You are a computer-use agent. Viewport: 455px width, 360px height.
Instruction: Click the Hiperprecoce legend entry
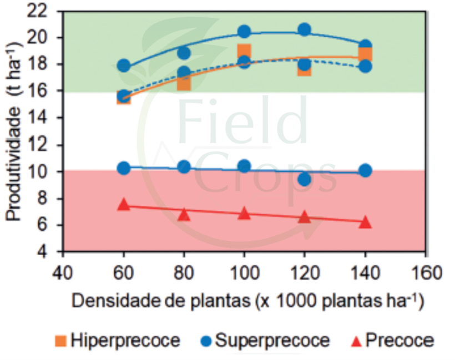tap(118, 340)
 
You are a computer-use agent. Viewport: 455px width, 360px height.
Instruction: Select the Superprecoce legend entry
tap(265, 340)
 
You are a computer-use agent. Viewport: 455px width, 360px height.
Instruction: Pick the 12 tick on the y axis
tap(50, 145)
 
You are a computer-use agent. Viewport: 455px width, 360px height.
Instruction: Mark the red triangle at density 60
tap(124, 205)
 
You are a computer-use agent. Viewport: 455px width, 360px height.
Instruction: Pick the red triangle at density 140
tap(365, 222)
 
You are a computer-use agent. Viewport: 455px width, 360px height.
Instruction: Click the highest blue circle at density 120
tap(304, 30)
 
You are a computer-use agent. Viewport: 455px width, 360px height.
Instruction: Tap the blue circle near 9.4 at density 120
tap(304, 179)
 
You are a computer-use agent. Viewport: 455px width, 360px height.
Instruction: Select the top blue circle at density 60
tap(124, 65)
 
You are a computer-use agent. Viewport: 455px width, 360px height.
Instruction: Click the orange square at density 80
tap(184, 83)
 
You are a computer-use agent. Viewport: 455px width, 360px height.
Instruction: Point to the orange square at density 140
tap(365, 54)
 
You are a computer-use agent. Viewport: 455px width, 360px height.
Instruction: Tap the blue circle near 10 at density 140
tap(365, 171)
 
